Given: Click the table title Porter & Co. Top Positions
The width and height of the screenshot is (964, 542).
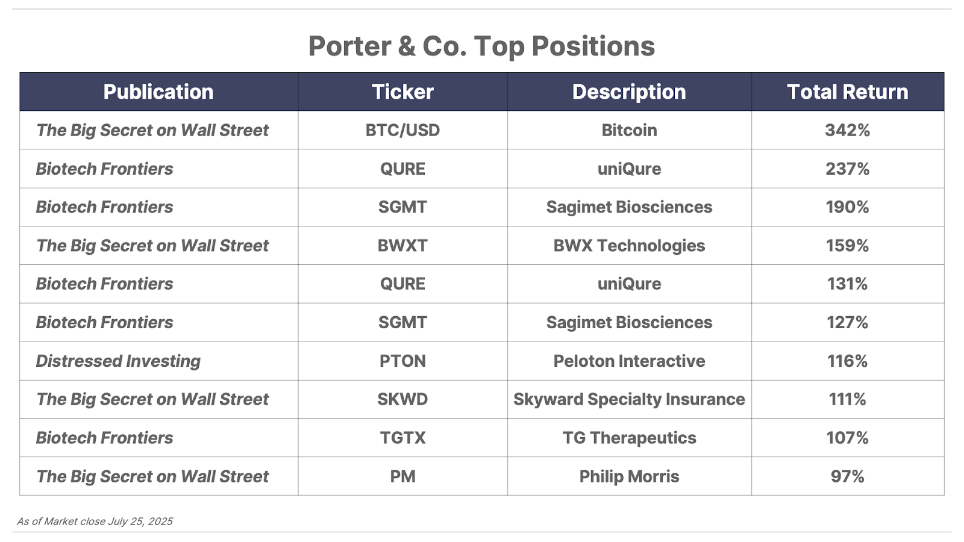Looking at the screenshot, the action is (481, 46).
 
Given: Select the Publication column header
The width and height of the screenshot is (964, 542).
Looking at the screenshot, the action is (158, 92).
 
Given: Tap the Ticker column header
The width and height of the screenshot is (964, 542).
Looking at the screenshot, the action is (402, 92).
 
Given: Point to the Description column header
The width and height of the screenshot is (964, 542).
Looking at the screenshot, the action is (629, 92).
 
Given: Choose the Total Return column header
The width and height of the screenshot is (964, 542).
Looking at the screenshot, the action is (847, 92).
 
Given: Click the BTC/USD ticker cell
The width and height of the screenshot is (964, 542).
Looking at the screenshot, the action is (402, 130).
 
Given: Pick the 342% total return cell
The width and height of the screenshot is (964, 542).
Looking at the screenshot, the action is (847, 130).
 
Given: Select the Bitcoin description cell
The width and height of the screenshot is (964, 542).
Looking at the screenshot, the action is (629, 130).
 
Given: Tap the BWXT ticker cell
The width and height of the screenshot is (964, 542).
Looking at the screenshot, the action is (402, 245).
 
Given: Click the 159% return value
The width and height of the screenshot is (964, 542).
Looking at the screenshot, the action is (847, 245).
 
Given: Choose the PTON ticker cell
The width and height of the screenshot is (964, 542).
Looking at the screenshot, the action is (402, 361).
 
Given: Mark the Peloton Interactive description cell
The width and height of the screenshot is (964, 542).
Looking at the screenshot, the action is (629, 361).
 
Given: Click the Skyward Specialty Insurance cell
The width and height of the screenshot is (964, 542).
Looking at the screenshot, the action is (629, 399).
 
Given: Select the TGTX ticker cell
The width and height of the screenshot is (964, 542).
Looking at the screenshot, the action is (402, 437).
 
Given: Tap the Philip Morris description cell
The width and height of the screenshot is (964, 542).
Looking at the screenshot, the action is (629, 476).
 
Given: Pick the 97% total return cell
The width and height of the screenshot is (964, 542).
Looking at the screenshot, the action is (847, 476).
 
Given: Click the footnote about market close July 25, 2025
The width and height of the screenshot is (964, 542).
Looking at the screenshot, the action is (95, 522).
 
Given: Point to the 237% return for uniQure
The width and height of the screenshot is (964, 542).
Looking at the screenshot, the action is (847, 169).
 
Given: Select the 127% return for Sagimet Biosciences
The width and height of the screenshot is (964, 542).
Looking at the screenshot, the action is (847, 322).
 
